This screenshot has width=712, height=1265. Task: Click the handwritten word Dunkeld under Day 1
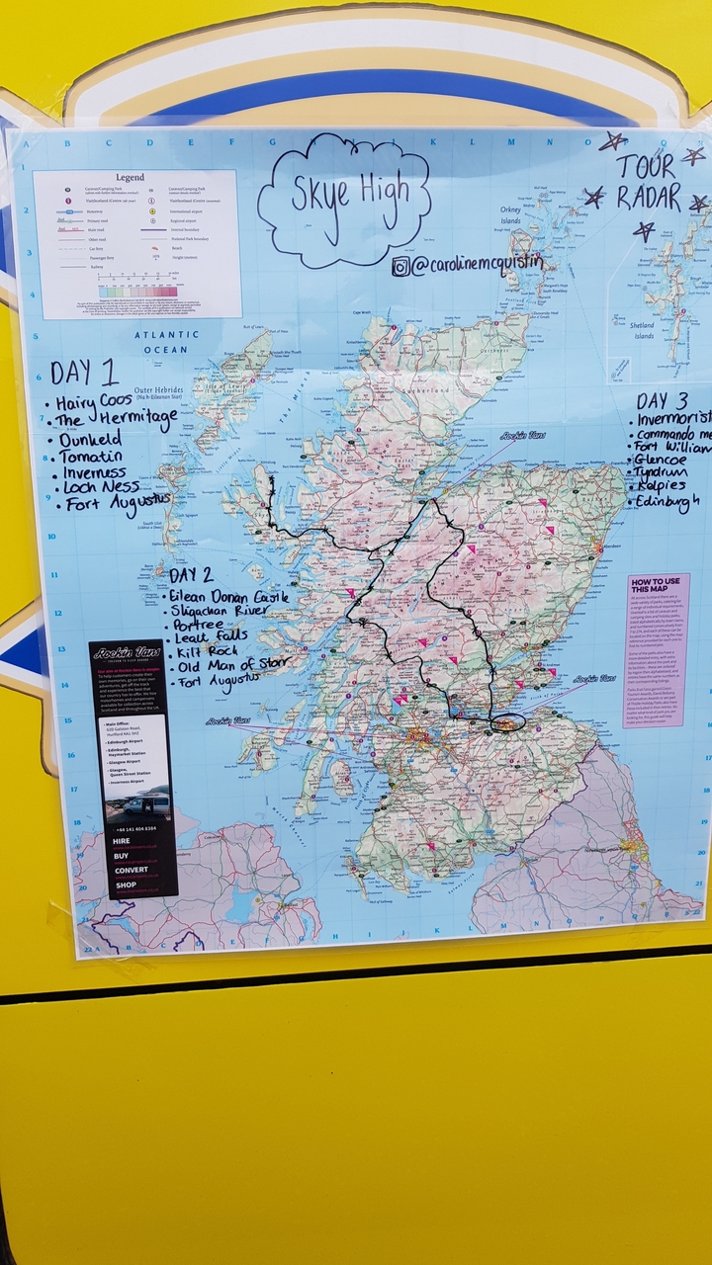[90, 440]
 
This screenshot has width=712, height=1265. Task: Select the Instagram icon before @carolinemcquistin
[400, 266]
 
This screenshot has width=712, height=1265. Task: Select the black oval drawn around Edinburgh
[508, 723]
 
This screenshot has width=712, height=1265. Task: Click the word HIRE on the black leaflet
[122, 839]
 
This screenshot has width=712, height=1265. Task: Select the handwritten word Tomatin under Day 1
[91, 458]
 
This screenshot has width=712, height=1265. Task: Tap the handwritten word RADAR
[650, 197]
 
